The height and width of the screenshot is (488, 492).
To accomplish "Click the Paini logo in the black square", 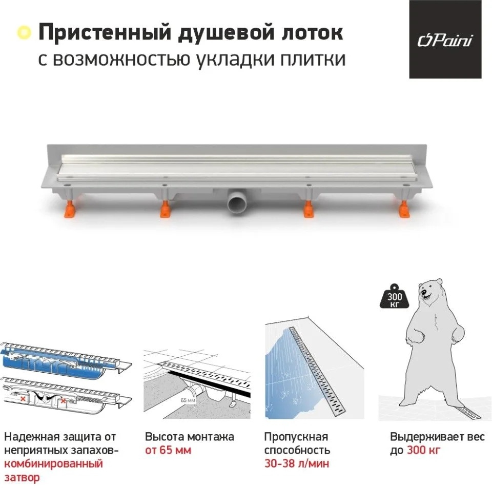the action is pos(445,40).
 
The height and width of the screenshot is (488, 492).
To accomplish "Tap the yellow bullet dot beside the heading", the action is pos(24,33).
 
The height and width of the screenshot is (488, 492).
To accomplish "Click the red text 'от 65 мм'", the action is pos(168,450).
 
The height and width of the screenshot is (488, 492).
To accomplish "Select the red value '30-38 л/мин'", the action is pos(297,463).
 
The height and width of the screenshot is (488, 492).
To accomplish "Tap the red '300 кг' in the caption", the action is pos(424,450).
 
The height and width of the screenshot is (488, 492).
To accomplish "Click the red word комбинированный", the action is pos(54,463).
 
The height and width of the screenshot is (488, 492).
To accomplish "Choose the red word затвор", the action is pos(22,477).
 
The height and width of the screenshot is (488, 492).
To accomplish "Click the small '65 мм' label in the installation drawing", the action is pos(188,400).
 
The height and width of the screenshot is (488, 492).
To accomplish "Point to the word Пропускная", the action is pos(296,437).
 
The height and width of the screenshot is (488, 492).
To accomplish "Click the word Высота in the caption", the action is pos(165,437).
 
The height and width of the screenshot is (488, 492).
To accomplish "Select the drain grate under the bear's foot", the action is pos(467,412).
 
